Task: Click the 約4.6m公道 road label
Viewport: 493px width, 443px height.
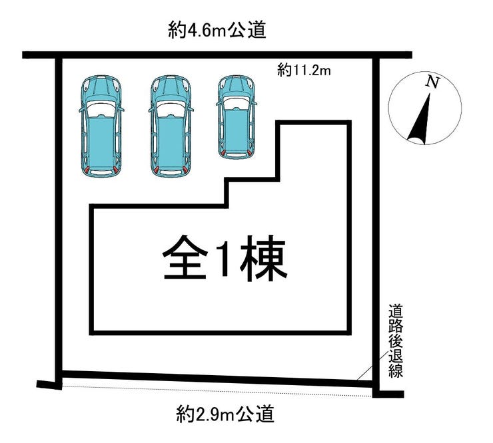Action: pos(217,31)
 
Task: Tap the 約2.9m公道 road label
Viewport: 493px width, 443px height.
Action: pos(225,415)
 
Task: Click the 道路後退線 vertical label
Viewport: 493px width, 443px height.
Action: pos(396,340)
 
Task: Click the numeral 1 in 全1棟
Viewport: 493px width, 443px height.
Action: pos(224,259)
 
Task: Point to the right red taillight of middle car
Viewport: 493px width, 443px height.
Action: pos(187,172)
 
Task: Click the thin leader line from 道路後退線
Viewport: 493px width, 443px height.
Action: pos(368,369)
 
